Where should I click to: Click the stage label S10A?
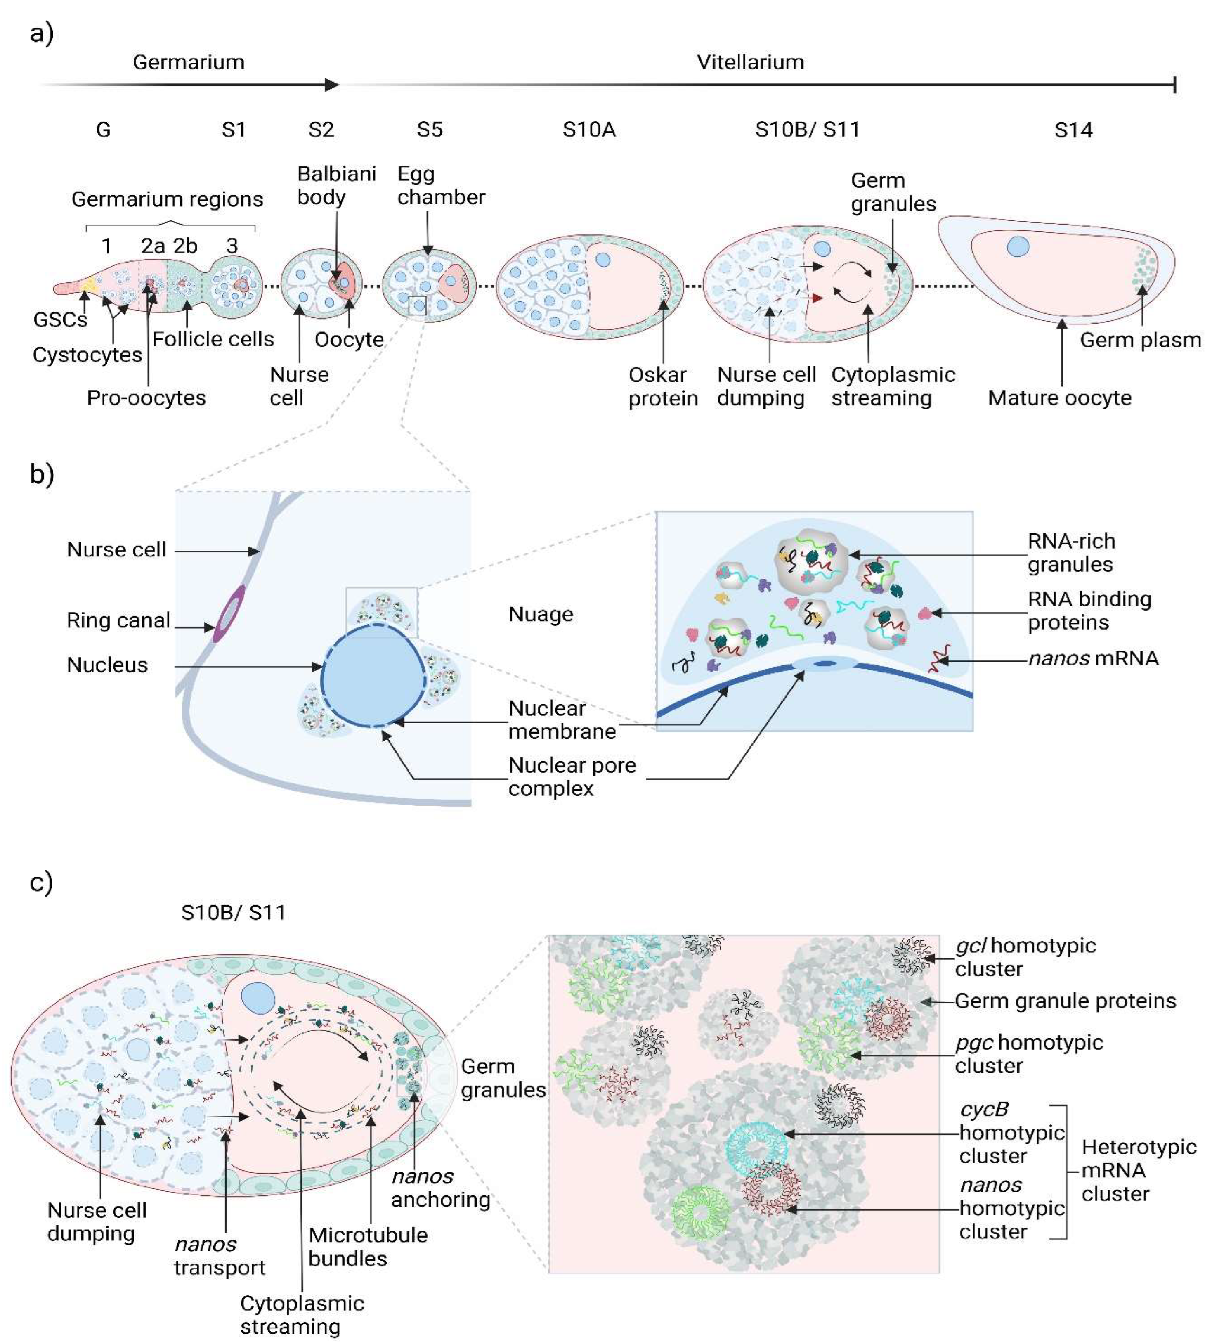[x=588, y=129]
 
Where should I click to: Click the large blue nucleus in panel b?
[x=373, y=676]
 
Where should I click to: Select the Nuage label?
[x=541, y=614]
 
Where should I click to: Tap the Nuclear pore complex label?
[x=572, y=776]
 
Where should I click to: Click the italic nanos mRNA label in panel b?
[x=1093, y=658]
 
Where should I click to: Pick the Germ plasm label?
[x=1139, y=340]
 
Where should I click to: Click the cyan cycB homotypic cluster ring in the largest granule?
[x=756, y=1146]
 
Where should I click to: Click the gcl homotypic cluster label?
[x=1025, y=956]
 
